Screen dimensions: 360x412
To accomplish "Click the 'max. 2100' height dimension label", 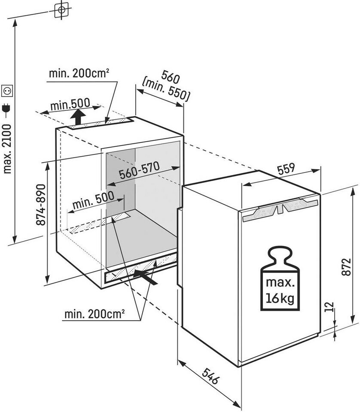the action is [7, 149].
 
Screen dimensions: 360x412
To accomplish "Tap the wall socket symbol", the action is [7, 91].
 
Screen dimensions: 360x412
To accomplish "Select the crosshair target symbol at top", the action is [61, 10].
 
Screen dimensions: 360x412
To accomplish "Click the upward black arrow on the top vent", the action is [78, 117].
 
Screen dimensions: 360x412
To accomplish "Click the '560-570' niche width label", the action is [139, 170].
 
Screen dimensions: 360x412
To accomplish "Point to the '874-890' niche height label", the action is [41, 205].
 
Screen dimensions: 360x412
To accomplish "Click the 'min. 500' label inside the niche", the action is [93, 200].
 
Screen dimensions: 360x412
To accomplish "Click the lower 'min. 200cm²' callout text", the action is [95, 314].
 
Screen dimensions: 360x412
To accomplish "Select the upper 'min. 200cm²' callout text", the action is [79, 73].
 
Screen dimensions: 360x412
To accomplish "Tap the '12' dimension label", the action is [329, 306].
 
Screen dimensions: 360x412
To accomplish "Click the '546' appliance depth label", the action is [210, 376].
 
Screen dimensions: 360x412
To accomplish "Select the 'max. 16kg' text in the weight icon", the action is [279, 291].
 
